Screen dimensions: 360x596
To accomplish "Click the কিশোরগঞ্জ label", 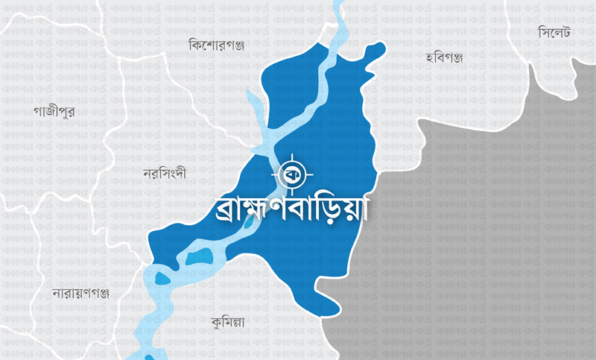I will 218,45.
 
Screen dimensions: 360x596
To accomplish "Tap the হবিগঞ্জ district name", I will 444,57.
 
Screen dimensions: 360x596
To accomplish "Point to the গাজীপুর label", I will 54,111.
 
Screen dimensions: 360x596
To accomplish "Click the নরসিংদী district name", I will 164,174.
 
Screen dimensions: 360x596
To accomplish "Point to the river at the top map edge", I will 340,6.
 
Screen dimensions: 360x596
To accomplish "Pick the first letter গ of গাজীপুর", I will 38,112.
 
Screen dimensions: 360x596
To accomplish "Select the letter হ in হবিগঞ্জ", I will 430,57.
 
